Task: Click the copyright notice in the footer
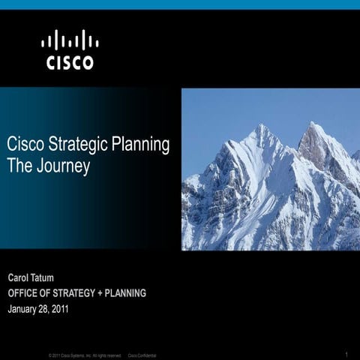(x=85, y=354)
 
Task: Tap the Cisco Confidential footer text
(x=142, y=354)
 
